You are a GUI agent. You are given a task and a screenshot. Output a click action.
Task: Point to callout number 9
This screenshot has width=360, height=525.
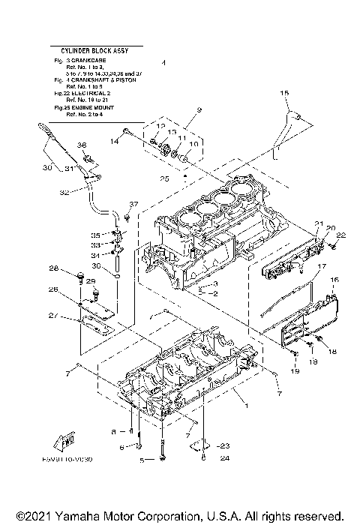point(199,110)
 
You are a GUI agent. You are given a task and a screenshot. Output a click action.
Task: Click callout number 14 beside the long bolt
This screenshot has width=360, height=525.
point(115,140)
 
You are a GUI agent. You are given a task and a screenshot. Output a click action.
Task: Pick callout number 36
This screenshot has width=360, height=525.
point(82,145)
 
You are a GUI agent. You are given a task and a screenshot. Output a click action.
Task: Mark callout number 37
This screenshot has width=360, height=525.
point(134,204)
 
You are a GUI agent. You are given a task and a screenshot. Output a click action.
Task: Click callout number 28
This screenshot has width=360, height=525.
point(54,268)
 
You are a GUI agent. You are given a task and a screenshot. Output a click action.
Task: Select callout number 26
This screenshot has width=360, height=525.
point(53,289)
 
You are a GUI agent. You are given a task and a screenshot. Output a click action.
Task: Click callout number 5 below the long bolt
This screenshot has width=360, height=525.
point(140,460)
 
